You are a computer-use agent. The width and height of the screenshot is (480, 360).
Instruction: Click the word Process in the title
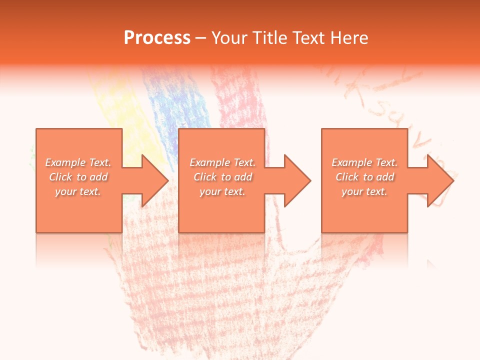[157, 38]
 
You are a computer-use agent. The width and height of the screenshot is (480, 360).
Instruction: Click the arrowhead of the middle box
[296, 180]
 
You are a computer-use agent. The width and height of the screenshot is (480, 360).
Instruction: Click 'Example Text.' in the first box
[78, 162]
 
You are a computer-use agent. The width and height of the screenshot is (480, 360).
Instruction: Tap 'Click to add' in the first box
[78, 177]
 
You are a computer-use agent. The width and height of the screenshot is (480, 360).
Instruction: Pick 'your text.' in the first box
[78, 191]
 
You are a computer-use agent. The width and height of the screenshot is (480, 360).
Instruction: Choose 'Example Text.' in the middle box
[222, 162]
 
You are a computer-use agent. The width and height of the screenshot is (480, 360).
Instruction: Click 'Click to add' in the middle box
[222, 177]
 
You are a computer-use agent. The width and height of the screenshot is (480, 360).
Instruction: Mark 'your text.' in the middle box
[222, 191]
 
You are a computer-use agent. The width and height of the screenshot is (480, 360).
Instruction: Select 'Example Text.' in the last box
[364, 162]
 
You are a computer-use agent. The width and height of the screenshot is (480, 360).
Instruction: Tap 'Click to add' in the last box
[364, 177]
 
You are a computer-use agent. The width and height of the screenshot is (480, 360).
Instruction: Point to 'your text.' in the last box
[364, 191]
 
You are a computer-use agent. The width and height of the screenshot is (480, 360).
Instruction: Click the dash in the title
[200, 38]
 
